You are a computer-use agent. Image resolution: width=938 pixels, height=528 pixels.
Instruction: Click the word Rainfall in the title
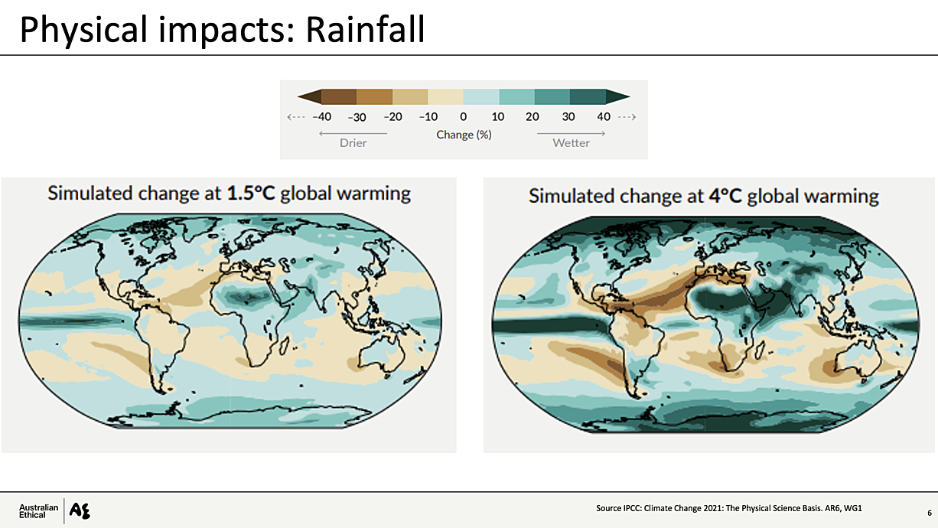[x=365, y=29]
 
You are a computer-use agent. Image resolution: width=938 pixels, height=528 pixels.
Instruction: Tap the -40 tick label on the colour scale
[x=321, y=116]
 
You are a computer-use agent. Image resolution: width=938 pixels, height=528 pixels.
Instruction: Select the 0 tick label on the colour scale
[x=463, y=116]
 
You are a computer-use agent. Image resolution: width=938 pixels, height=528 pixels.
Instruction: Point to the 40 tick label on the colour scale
[x=604, y=116]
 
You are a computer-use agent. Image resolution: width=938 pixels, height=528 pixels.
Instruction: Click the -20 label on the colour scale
[x=392, y=116]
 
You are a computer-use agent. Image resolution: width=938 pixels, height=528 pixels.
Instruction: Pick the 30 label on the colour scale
[x=568, y=116]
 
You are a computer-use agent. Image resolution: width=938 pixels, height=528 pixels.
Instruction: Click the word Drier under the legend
[x=353, y=143]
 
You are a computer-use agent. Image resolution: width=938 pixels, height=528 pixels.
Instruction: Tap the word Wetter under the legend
[x=572, y=143]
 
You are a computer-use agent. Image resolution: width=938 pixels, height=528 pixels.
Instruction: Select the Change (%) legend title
[x=464, y=135]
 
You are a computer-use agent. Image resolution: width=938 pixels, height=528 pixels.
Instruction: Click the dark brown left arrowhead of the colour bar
[x=309, y=96]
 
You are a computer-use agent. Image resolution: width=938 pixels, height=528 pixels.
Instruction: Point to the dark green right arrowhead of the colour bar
[x=618, y=96]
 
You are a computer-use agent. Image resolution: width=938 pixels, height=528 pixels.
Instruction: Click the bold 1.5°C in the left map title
[x=251, y=194]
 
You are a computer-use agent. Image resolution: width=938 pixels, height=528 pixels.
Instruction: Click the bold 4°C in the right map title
[x=725, y=196]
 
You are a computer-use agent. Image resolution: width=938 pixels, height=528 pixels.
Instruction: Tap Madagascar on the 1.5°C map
[x=284, y=347]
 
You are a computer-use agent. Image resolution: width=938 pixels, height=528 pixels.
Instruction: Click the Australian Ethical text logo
[x=38, y=511]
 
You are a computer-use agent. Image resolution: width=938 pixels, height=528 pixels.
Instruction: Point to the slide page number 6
[x=930, y=513]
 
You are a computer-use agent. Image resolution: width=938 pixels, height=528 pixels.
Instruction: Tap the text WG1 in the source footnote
[x=852, y=508]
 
